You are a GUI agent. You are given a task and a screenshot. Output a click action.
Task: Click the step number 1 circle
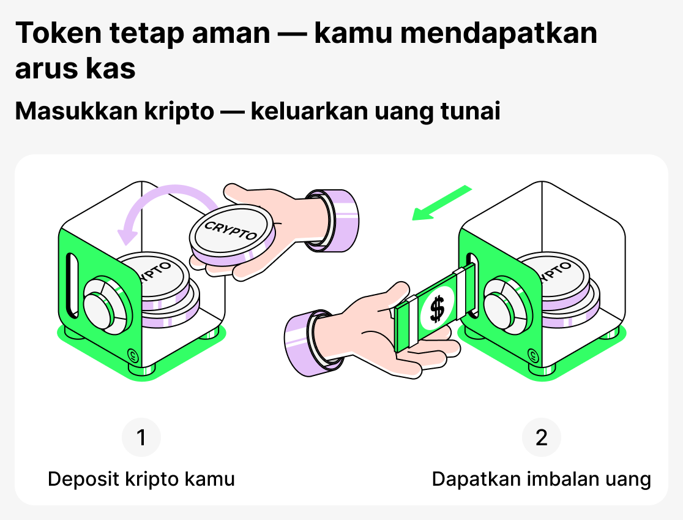141,438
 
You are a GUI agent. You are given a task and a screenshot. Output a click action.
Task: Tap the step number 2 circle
542,438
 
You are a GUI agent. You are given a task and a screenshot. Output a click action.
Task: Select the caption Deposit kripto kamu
141,478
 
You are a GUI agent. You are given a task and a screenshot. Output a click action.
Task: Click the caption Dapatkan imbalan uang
542,478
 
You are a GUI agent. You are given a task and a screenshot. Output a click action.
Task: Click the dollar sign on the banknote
436,308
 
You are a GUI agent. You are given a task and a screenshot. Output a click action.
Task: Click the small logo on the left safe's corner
132,353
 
